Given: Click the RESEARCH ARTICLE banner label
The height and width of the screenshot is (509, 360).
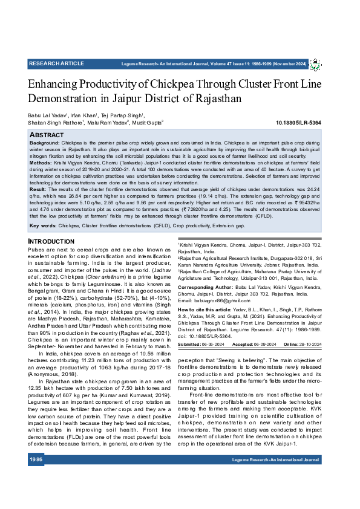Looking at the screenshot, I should click(x=56, y=63).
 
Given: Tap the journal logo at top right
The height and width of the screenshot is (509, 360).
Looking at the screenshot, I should click(x=316, y=64).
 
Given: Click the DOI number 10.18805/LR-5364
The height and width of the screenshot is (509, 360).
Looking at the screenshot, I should click(x=298, y=123).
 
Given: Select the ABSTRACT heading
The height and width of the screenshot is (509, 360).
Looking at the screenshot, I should click(x=47, y=134).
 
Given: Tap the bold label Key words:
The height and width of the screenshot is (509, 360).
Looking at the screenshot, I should click(x=43, y=225).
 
